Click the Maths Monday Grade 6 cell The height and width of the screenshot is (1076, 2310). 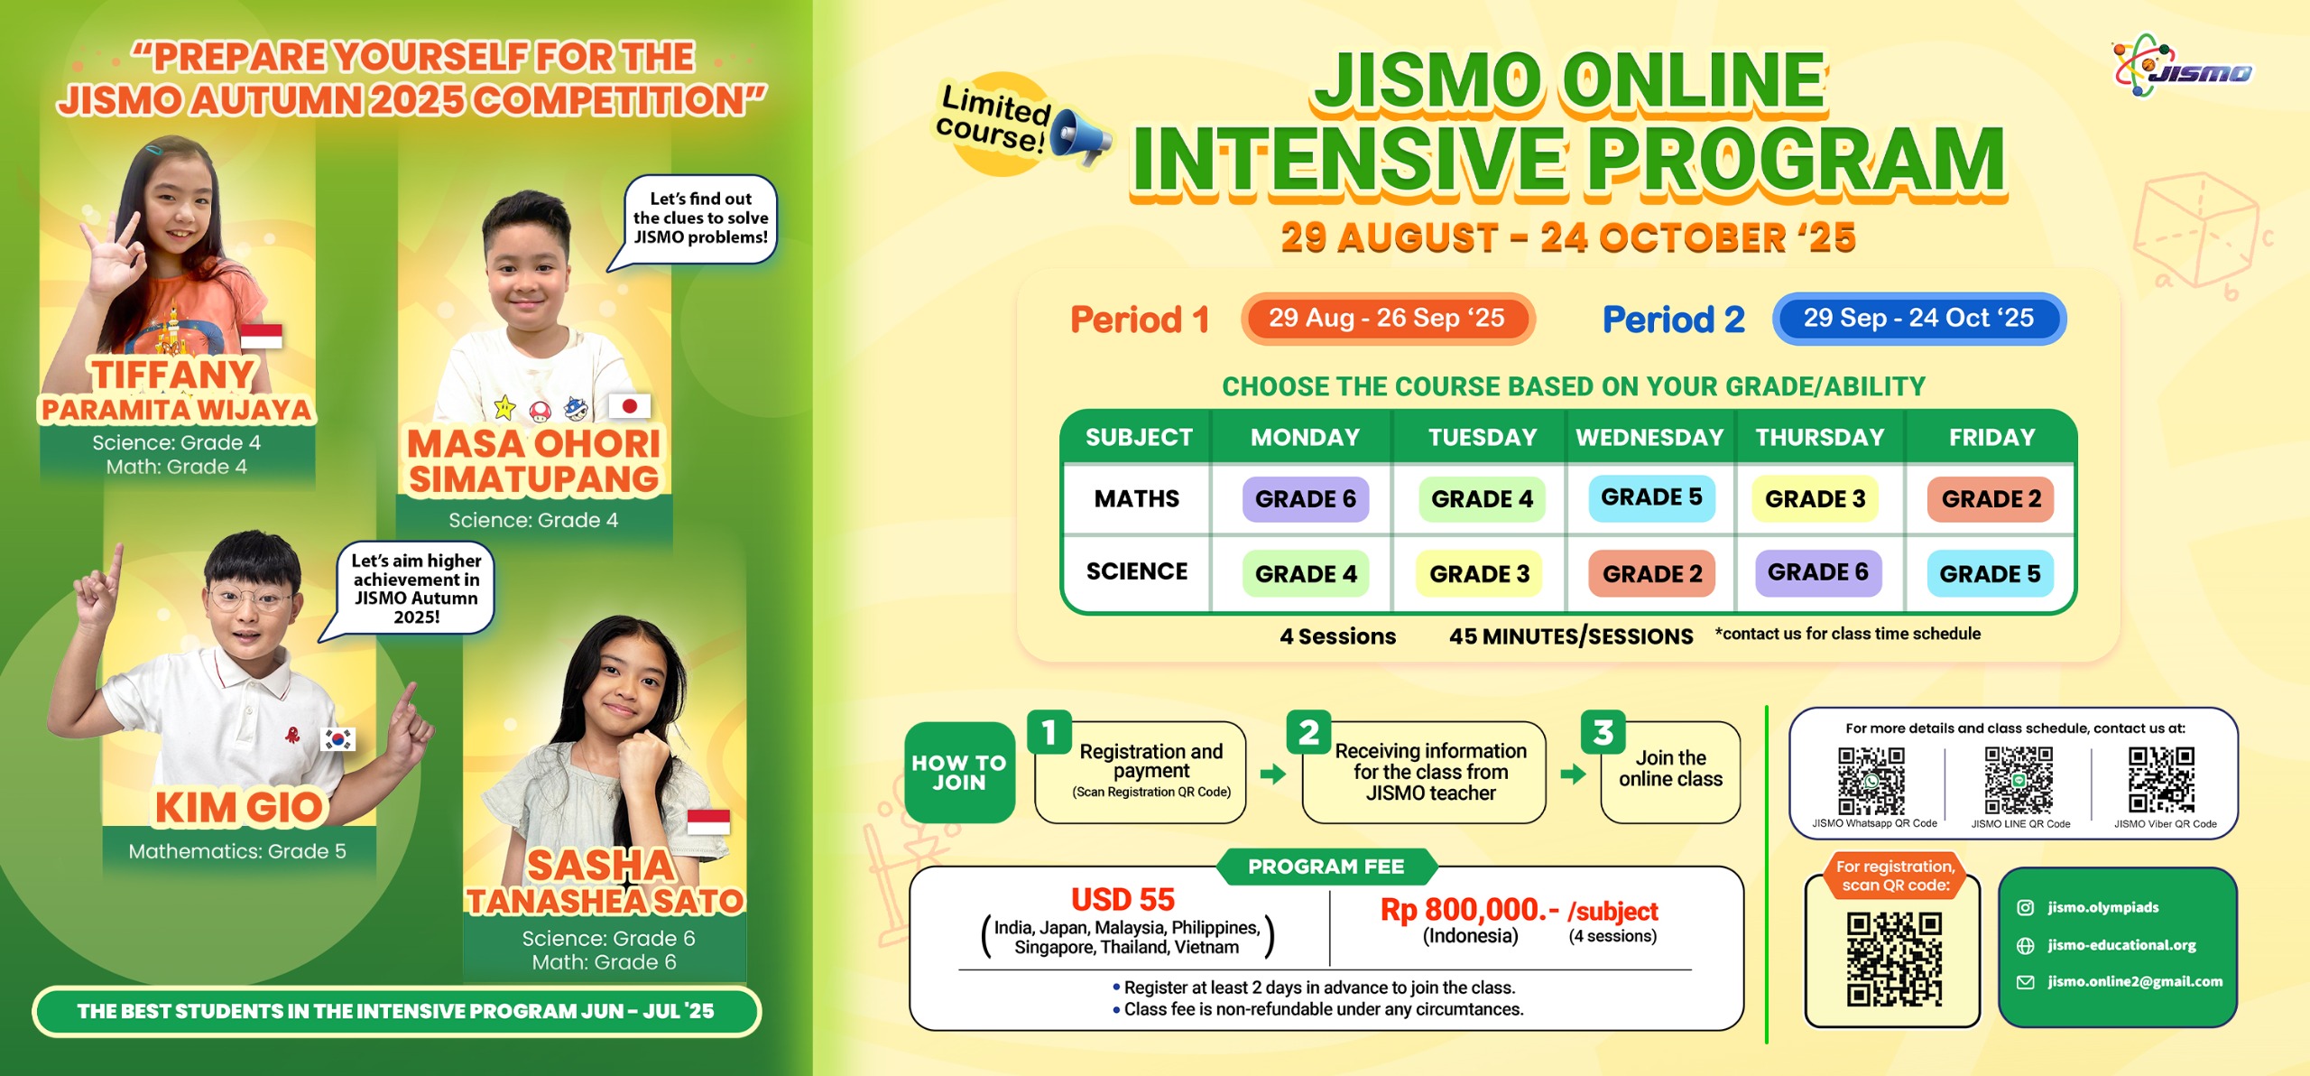pyautogui.click(x=1305, y=499)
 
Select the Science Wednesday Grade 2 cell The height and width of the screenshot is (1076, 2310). pyautogui.click(x=1651, y=573)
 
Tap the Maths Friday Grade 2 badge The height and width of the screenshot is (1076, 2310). pyautogui.click(x=1991, y=499)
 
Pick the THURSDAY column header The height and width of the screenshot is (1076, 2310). pyautogui.click(x=1820, y=438)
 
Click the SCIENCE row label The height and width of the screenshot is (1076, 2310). pyautogui.click(x=1137, y=571)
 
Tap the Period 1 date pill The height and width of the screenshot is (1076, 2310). pyautogui.click(x=1387, y=319)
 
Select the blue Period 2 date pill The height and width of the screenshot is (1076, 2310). pyautogui.click(x=1919, y=319)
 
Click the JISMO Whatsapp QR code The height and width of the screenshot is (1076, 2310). pyautogui.click(x=1871, y=781)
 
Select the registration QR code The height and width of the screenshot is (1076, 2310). pyautogui.click(x=1893, y=959)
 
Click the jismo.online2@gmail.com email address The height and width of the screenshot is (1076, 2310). pyautogui.click(x=2135, y=981)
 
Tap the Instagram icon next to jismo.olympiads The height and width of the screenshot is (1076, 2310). pyautogui.click(x=2026, y=908)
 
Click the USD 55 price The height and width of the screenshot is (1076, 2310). pyautogui.click(x=1123, y=900)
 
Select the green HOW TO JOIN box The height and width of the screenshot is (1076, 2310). pyautogui.click(x=959, y=773)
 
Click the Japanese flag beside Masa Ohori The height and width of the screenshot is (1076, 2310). pyautogui.click(x=629, y=406)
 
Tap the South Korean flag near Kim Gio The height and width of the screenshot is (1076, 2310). pyautogui.click(x=338, y=739)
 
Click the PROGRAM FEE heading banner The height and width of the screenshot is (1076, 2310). pyautogui.click(x=1326, y=867)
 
